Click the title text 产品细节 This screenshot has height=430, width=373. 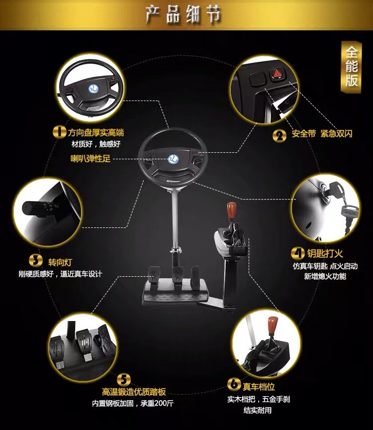click(x=183, y=14)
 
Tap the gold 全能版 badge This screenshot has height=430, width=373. click(x=351, y=67)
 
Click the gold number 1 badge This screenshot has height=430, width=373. click(x=59, y=132)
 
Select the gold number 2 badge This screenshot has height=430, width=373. click(x=279, y=136)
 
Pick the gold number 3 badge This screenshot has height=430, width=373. click(x=36, y=260)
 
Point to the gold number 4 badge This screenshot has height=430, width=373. click(x=297, y=253)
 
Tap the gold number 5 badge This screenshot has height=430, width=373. click(x=124, y=380)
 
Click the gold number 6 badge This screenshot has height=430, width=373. click(x=234, y=384)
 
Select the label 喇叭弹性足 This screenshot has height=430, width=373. click(x=91, y=158)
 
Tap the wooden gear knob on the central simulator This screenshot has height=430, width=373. click(x=231, y=210)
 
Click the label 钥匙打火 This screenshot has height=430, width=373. click(x=325, y=253)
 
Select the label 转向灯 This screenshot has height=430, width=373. click(x=60, y=262)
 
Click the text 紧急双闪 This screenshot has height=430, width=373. click(x=337, y=133)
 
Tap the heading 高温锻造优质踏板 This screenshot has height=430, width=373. click(x=134, y=392)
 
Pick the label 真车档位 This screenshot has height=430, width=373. click(x=259, y=386)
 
